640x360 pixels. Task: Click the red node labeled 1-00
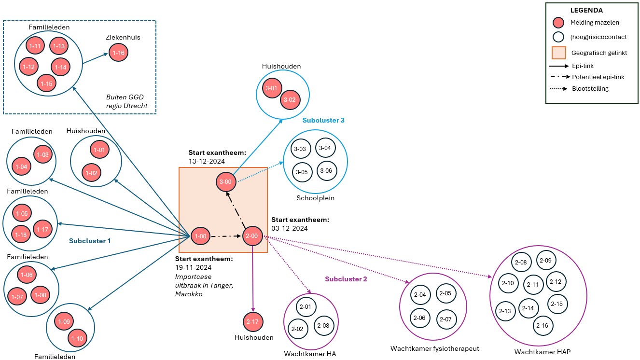click(x=200, y=236)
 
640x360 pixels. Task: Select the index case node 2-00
click(x=252, y=236)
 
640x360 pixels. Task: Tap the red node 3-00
click(x=226, y=182)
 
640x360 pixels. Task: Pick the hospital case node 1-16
click(x=118, y=52)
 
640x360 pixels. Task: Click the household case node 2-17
click(x=253, y=322)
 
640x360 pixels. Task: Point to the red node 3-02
click(x=290, y=100)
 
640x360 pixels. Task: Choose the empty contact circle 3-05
click(x=302, y=172)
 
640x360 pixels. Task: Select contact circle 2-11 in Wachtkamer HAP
click(x=533, y=284)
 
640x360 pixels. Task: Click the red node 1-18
click(x=21, y=235)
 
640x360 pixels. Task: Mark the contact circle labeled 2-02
click(x=297, y=329)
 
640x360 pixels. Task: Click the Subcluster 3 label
click(x=323, y=120)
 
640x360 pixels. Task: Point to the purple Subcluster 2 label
click(x=346, y=279)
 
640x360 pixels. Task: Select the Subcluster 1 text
click(x=90, y=241)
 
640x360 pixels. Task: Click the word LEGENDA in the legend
click(x=586, y=10)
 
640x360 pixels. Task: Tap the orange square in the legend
click(x=558, y=53)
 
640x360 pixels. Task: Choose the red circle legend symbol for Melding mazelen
click(x=558, y=22)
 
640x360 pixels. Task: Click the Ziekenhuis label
click(x=123, y=37)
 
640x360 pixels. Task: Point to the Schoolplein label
click(x=316, y=198)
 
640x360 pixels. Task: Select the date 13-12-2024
click(x=207, y=161)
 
